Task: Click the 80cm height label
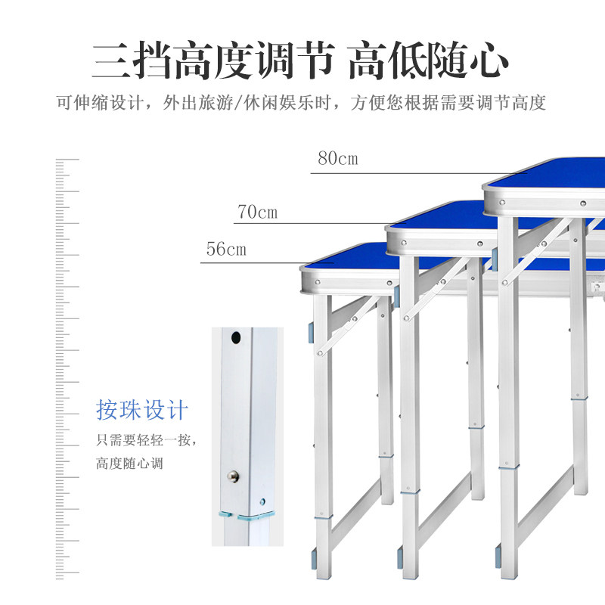[338, 158]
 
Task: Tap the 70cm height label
[257, 212]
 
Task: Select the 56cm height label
[226, 249]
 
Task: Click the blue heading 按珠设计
[142, 409]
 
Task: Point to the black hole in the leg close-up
[236, 337]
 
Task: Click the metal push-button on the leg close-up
[233, 476]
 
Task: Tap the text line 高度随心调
[129, 463]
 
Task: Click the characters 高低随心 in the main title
[428, 60]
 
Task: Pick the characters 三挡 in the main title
[131, 60]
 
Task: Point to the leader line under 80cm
[419, 173]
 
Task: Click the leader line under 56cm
[267, 263]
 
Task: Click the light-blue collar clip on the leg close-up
[248, 516]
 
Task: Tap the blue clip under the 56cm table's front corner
[311, 334]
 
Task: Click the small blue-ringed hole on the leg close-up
[262, 501]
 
